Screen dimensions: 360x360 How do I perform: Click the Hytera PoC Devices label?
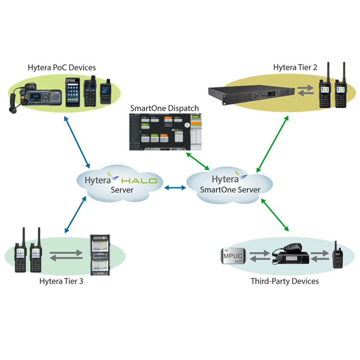[62, 68]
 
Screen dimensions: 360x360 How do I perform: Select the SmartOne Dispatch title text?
[165, 108]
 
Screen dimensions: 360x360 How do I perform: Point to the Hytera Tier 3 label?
[61, 281]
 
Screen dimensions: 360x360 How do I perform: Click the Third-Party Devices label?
[284, 281]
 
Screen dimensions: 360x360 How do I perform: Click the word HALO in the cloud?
[139, 180]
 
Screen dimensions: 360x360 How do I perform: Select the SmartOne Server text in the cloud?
[230, 190]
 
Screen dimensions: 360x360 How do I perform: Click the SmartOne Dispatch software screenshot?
[165, 132]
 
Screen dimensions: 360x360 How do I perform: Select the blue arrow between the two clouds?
[174, 188]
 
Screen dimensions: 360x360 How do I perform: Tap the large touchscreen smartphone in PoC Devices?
[73, 93]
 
